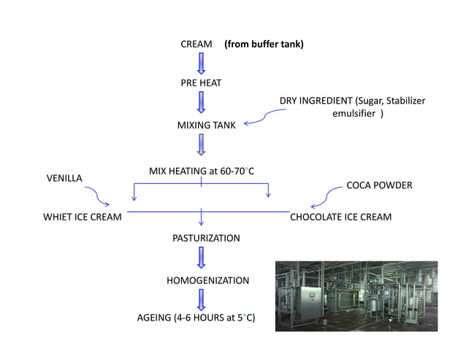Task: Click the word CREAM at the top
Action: (196, 45)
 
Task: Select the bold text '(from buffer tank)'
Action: (264, 45)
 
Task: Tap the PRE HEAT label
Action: (201, 83)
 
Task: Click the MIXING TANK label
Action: (207, 126)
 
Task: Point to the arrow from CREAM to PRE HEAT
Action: (202, 64)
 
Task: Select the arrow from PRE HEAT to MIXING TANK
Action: (202, 103)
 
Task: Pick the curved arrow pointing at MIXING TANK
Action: (264, 117)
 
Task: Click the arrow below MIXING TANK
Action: (202, 145)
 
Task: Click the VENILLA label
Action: (64, 177)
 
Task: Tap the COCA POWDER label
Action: (379, 185)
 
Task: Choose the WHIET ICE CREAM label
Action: (82, 217)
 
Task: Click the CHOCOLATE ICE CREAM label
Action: (340, 217)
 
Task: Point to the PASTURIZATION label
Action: (206, 238)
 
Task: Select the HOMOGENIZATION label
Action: (208, 280)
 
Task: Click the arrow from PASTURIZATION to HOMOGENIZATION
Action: (202, 258)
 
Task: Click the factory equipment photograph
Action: (356, 296)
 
